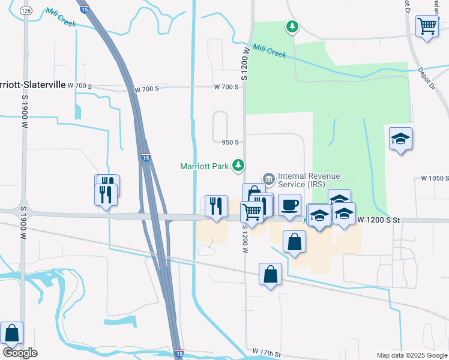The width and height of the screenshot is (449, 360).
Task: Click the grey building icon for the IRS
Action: [x=268, y=178]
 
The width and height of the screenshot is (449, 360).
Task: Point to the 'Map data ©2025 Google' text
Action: [x=412, y=355]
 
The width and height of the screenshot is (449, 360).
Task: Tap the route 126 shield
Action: [x=25, y=11]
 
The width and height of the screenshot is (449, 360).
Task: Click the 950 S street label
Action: [x=231, y=142]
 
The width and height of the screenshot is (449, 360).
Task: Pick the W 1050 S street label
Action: [x=435, y=178]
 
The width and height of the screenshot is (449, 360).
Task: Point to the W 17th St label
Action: [x=267, y=350]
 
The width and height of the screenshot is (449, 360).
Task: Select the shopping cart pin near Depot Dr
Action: [x=427, y=26]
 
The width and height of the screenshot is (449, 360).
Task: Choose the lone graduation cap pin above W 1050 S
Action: [x=400, y=139]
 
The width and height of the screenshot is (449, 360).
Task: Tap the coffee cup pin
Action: [x=289, y=205]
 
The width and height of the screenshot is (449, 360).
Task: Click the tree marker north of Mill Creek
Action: [x=292, y=26]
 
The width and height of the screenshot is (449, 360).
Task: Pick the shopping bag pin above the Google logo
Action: [x=11, y=332]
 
